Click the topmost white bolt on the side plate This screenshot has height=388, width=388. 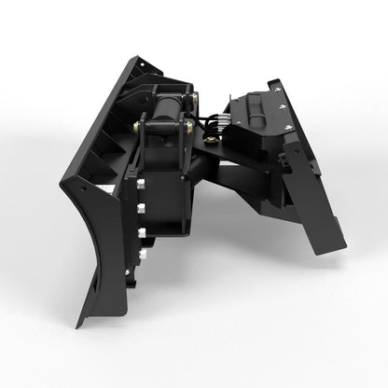point(141,169)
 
